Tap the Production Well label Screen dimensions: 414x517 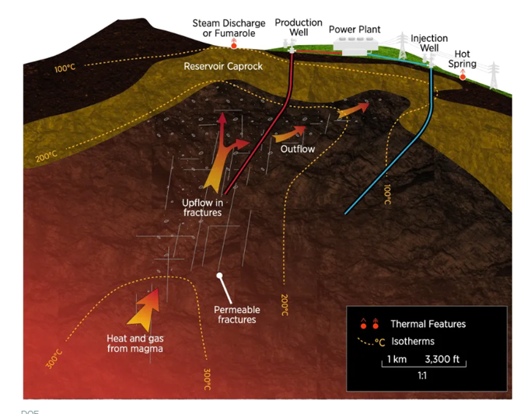[299, 27]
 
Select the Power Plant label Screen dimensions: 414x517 [354, 30]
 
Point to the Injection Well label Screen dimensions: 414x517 [429, 43]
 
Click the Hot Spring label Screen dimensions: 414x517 [466, 59]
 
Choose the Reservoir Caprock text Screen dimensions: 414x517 [223, 67]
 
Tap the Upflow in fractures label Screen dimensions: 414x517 [197, 207]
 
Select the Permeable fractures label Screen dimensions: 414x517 [236, 315]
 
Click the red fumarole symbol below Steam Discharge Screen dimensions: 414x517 [232, 45]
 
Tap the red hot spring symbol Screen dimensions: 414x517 [463, 75]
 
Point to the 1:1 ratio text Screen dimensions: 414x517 [422, 376]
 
